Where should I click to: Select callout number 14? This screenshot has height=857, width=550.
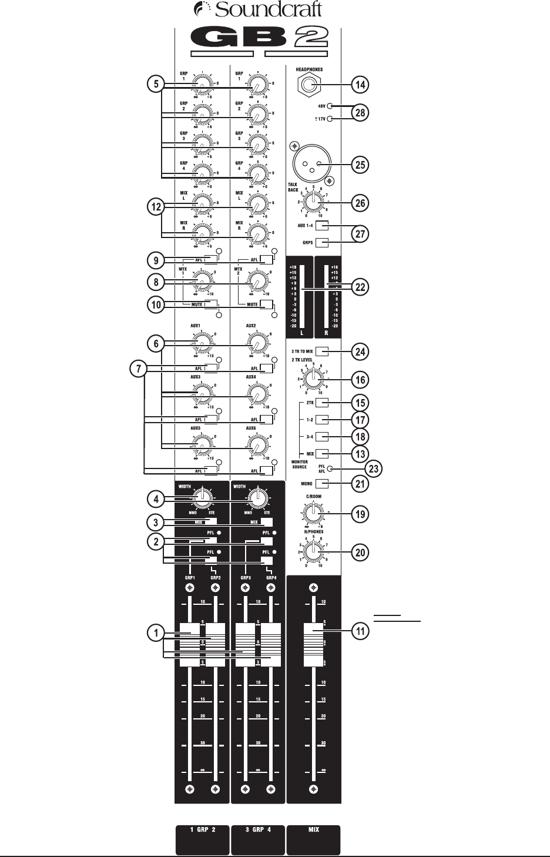click(x=360, y=85)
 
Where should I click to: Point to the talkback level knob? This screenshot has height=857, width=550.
click(x=313, y=203)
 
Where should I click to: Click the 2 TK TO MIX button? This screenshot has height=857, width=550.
click(x=321, y=351)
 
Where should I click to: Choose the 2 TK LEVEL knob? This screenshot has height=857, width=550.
click(x=313, y=379)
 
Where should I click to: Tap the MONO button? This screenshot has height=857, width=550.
click(x=321, y=484)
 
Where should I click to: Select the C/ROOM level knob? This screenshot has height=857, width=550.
click(x=313, y=513)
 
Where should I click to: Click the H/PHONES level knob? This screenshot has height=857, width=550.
click(x=313, y=552)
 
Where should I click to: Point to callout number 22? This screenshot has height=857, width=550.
click(x=360, y=287)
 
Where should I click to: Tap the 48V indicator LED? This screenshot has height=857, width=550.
click(x=330, y=106)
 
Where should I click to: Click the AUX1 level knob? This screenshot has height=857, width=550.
click(x=202, y=343)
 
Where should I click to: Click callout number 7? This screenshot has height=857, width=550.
click(x=138, y=369)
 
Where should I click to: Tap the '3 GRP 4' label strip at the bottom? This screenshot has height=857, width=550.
click(x=258, y=839)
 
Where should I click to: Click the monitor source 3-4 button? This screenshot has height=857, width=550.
click(x=321, y=437)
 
